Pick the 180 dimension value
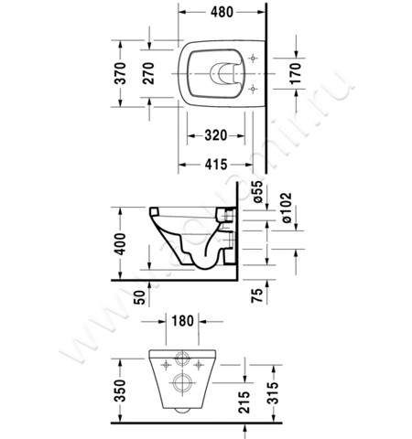coord(182,322)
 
